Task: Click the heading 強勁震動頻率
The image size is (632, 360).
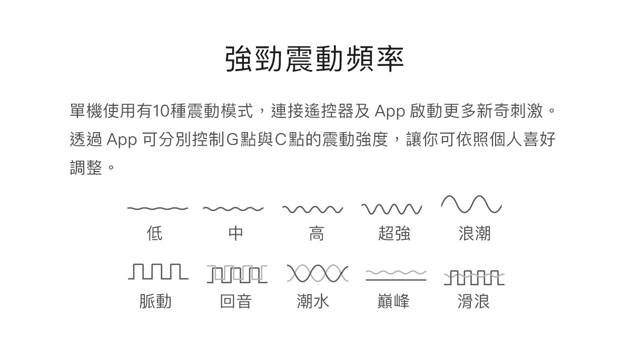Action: pyautogui.click(x=314, y=59)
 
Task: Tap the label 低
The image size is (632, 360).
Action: pyautogui.click(x=155, y=233)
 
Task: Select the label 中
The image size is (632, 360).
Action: pyautogui.click(x=235, y=233)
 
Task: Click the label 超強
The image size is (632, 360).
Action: pyautogui.click(x=394, y=233)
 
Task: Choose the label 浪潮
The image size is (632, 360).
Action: pyautogui.click(x=475, y=233)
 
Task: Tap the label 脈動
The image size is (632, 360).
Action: pyautogui.click(x=155, y=301)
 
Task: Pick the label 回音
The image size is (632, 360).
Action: pyautogui.click(x=236, y=301)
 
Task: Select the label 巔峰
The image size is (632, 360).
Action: pyautogui.click(x=393, y=301)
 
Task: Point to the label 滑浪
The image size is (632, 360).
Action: pyautogui.click(x=474, y=301)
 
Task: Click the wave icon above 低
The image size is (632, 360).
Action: pyautogui.click(x=157, y=208)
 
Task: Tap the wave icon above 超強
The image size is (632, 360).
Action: pyautogui.click(x=392, y=209)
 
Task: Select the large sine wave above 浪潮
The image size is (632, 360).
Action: pyautogui.click(x=471, y=204)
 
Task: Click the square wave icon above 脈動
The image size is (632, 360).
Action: pyautogui.click(x=157, y=272)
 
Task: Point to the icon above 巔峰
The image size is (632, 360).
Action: pyautogui.click(x=396, y=275)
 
